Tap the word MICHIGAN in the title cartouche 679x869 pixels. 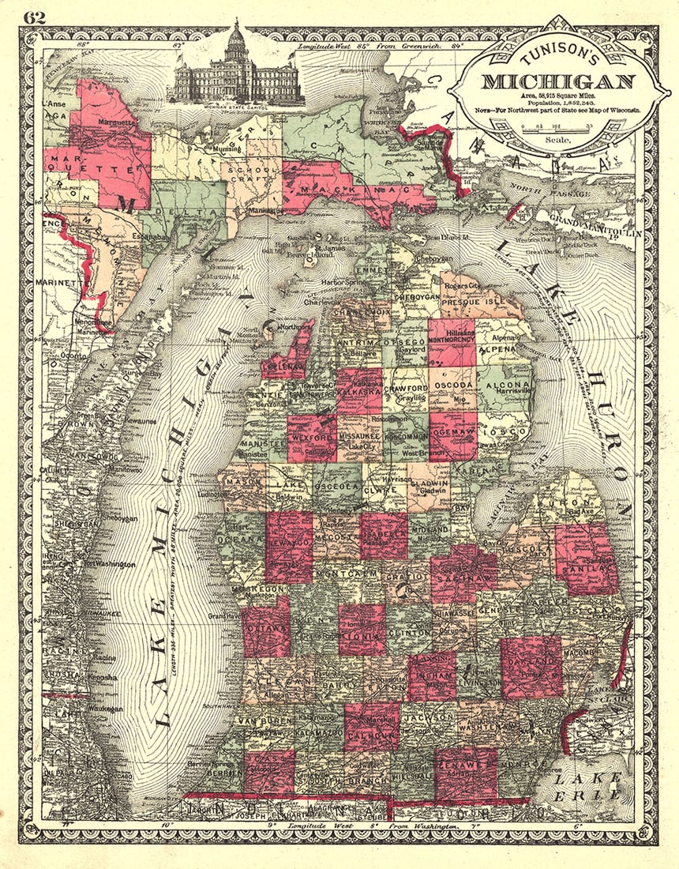[559, 81]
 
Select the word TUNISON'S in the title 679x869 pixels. [559, 60]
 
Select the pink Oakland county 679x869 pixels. [532, 667]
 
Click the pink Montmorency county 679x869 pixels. [452, 342]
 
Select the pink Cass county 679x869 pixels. [269, 770]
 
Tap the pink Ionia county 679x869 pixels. [362, 630]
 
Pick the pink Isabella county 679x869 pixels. [384, 536]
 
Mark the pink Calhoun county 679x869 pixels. [371, 726]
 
